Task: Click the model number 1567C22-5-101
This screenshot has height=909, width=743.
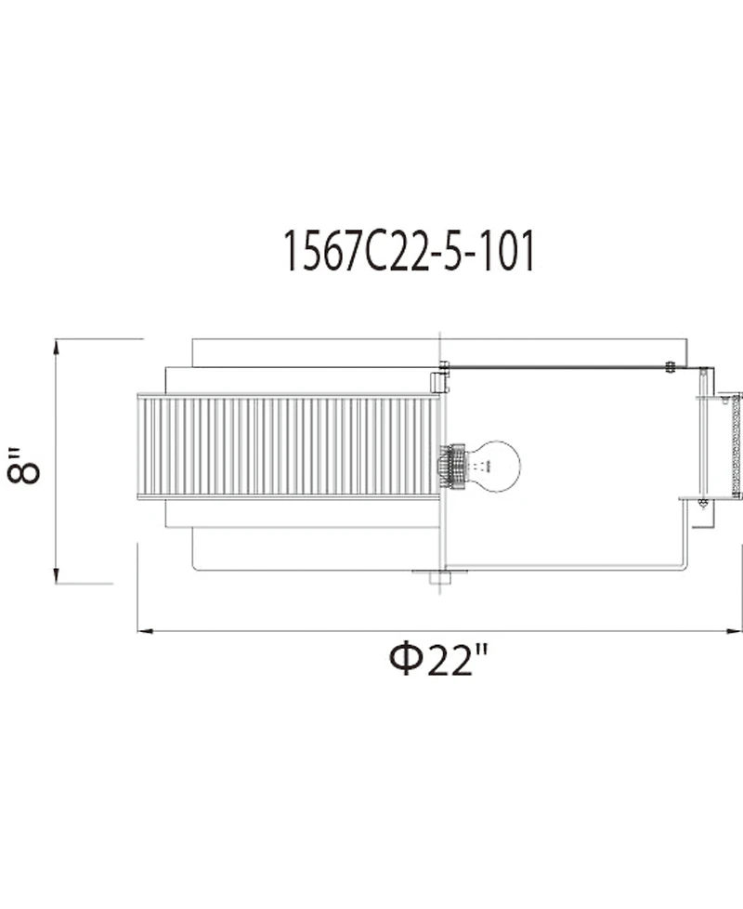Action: click(x=409, y=251)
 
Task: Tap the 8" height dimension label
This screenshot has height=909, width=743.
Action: click(x=24, y=465)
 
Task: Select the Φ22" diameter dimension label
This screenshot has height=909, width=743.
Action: click(x=439, y=660)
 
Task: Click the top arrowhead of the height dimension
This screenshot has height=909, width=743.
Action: click(x=56, y=347)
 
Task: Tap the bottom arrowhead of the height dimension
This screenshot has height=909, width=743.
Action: click(x=56, y=575)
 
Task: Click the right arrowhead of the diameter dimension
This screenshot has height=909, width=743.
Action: click(x=735, y=631)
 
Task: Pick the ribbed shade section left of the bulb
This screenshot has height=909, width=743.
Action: click(x=289, y=446)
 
